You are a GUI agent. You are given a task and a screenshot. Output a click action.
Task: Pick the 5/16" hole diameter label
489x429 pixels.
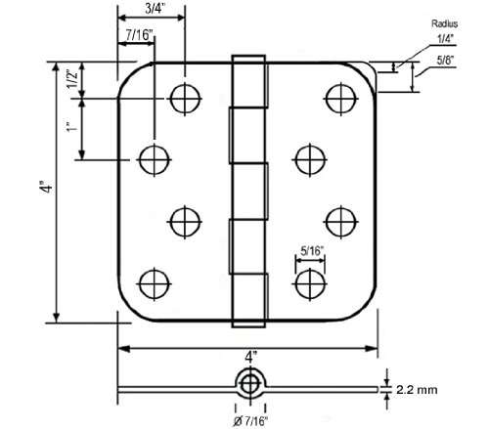click(x=311, y=251)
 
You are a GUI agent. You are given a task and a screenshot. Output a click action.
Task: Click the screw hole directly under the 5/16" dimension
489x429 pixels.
click(x=309, y=282)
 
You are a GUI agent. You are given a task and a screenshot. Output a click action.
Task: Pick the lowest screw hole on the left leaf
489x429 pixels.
click(x=153, y=283)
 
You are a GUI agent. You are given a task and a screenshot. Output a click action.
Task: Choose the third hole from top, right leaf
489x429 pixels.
click(x=337, y=221)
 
